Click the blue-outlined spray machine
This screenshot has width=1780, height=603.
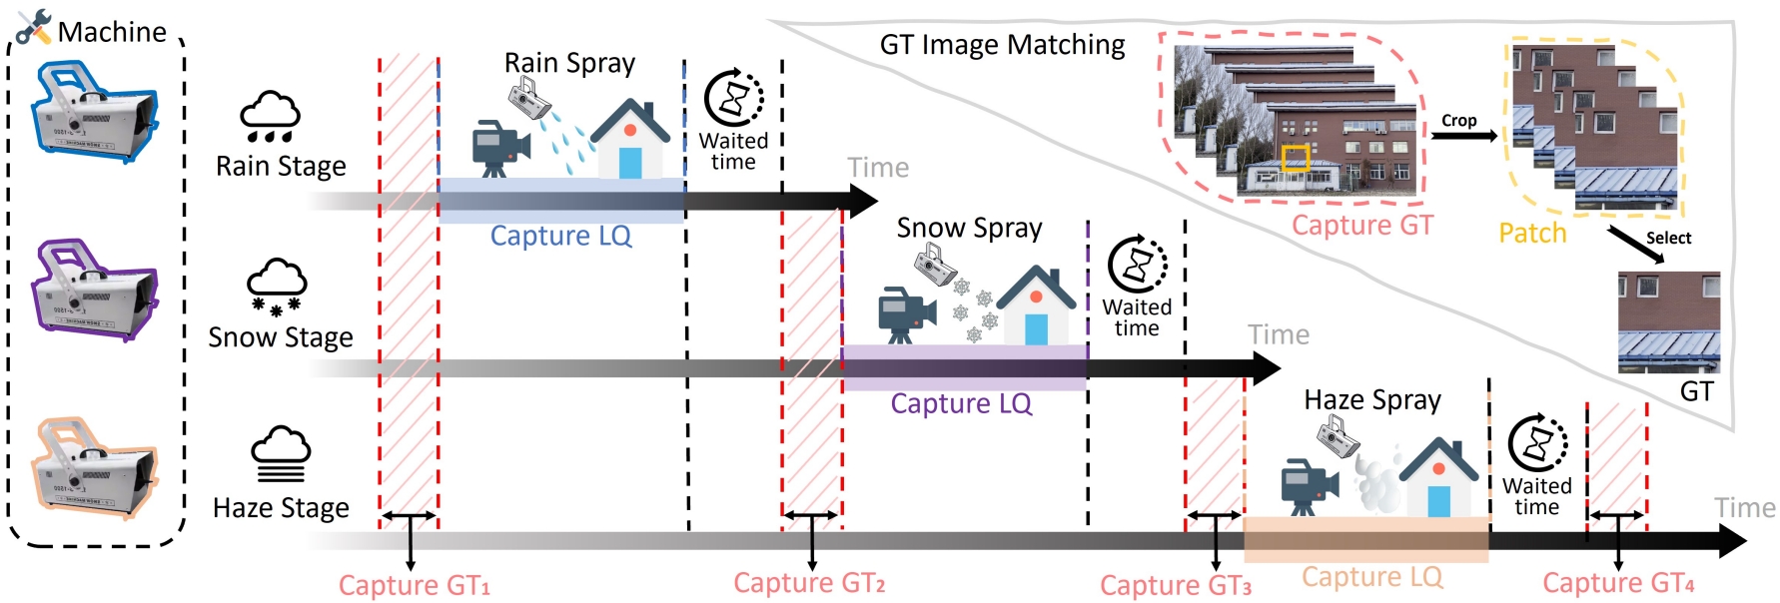[95, 111]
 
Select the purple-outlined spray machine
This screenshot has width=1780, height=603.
[95, 291]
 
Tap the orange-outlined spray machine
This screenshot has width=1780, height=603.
[95, 468]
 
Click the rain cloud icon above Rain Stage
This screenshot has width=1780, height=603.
[270, 118]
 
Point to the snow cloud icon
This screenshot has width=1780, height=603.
[277, 288]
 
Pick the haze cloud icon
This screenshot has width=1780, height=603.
[281, 454]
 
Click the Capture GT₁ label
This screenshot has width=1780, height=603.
[414, 585]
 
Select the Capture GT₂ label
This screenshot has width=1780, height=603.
[809, 583]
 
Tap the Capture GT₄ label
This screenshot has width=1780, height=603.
[1618, 583]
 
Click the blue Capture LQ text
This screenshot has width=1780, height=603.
[560, 236]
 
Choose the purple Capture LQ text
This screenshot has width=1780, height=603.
[961, 403]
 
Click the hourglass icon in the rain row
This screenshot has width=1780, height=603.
[734, 100]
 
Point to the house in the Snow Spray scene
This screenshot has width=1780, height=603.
[1036, 305]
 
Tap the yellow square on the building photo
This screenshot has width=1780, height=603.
[1296, 158]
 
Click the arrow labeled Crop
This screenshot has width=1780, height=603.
[1464, 136]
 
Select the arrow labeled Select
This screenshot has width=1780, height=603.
[1636, 246]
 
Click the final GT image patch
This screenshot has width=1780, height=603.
[1668, 321]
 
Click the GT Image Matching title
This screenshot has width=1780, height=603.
[1002, 45]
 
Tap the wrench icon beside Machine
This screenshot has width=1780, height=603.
[34, 26]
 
